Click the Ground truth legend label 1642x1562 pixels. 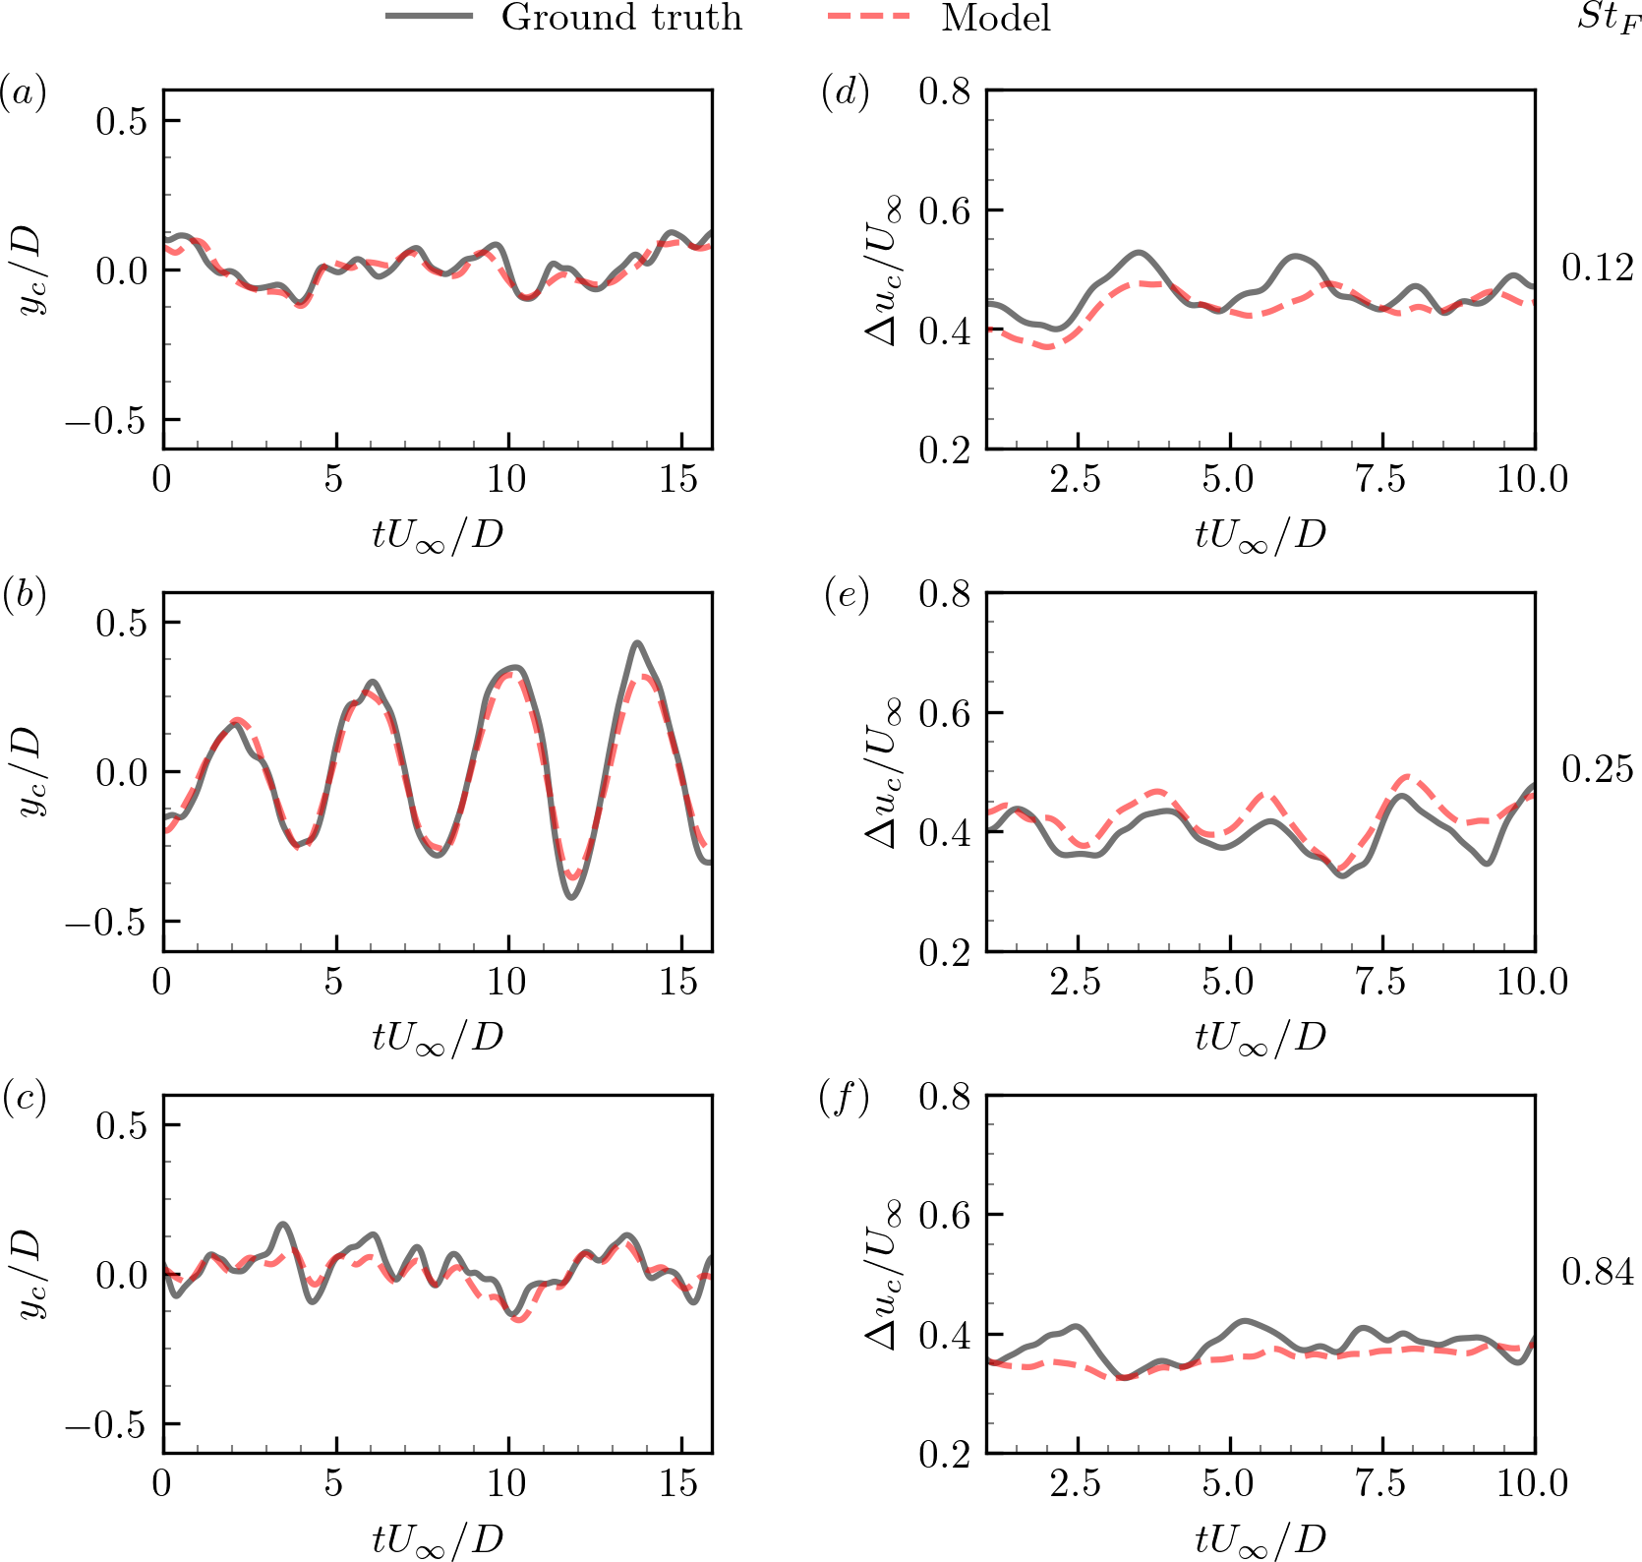coord(621,18)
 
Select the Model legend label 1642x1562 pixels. coord(995,18)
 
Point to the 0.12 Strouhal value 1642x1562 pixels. coord(1598,268)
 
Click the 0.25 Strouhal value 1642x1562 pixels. coord(1598,769)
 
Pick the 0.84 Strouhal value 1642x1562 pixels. coord(1598,1272)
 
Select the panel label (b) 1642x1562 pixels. coord(23,595)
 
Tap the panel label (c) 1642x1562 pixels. coord(23,1097)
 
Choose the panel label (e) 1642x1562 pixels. coord(846,595)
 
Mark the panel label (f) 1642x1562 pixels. coord(845,1097)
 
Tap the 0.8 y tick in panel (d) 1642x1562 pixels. coord(945,92)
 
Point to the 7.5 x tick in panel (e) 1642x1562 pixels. coord(1381,982)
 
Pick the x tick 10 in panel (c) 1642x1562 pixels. coord(506,1483)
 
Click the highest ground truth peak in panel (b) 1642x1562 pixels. coord(638,643)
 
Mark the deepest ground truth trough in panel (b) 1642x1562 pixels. coord(571,897)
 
